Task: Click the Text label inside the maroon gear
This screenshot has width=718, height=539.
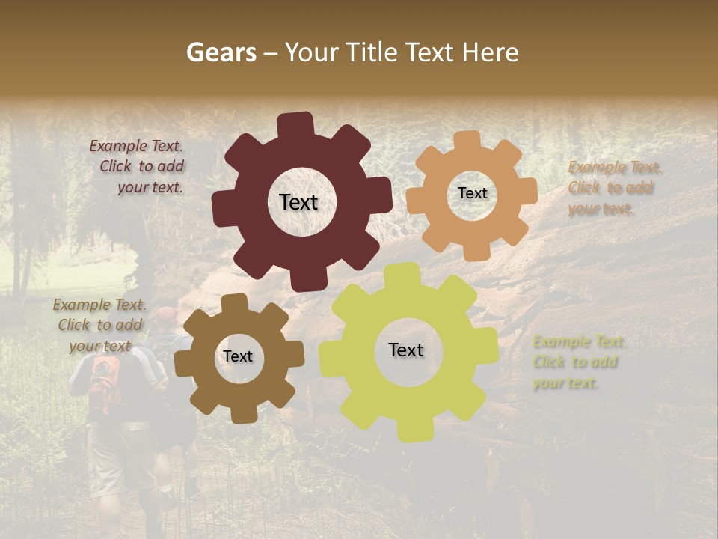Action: point(299,202)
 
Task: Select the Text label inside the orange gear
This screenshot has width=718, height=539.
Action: point(472,193)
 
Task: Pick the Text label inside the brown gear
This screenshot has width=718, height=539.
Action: point(238,356)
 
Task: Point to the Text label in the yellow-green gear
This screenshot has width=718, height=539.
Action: point(406,350)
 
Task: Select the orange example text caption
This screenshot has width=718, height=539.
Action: point(615,188)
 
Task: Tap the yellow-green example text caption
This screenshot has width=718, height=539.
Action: point(577,362)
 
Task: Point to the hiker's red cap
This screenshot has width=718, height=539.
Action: point(167,314)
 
